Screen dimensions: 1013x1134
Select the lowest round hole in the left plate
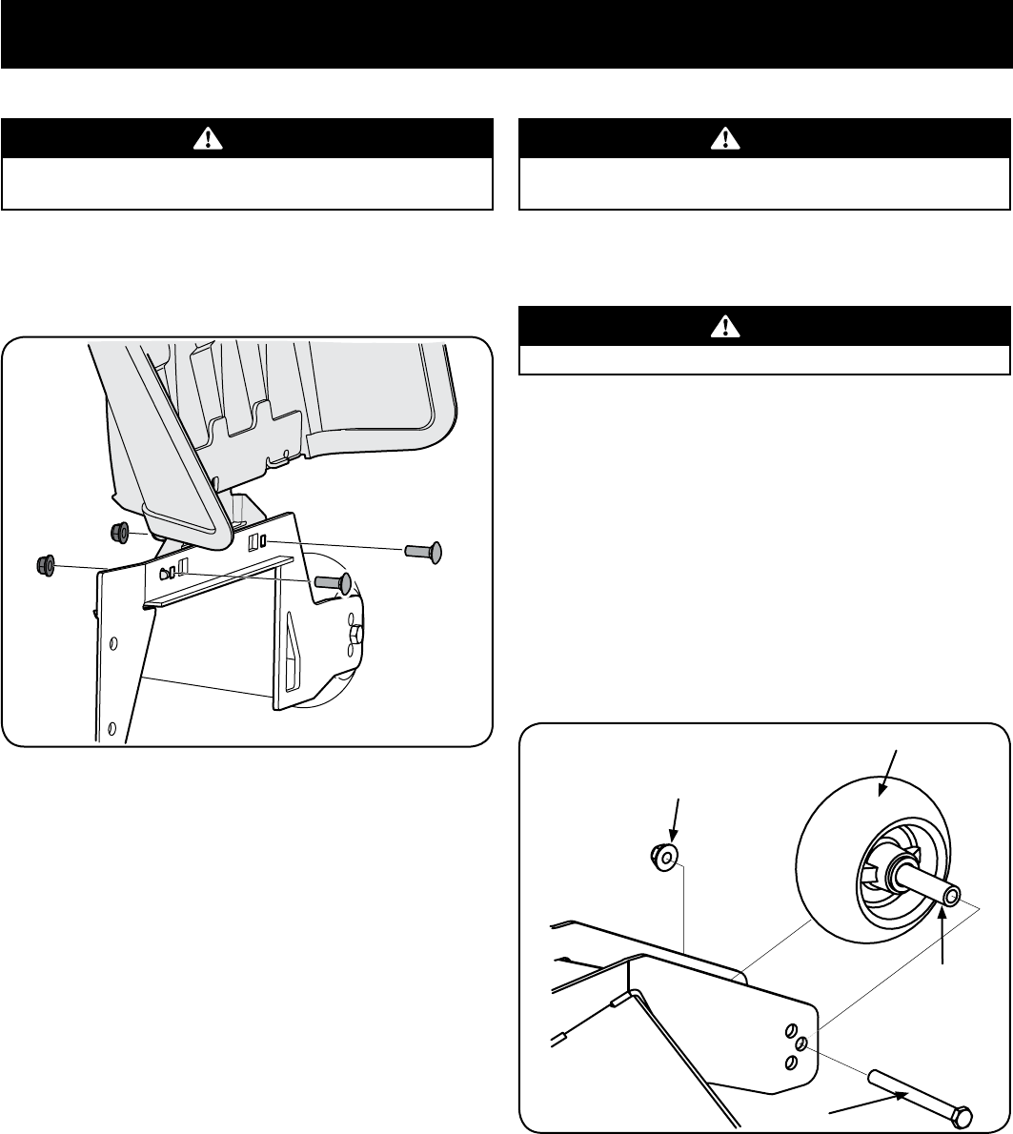(112, 729)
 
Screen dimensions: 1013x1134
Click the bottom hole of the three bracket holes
(789, 1062)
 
